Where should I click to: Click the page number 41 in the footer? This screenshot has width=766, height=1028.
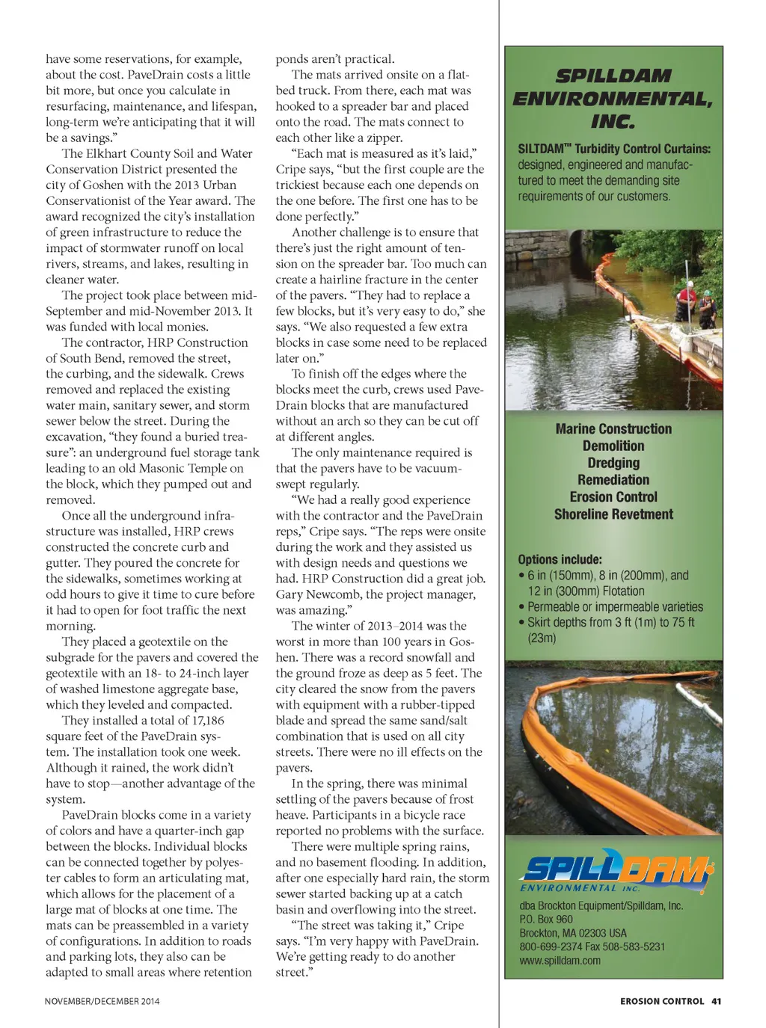(716, 1001)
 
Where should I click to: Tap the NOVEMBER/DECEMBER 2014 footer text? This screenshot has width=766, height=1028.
(102, 1001)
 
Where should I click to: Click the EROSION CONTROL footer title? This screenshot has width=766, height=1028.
(662, 1001)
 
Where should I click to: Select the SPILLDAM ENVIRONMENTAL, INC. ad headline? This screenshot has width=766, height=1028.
(613, 98)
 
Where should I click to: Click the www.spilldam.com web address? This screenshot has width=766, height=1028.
(560, 961)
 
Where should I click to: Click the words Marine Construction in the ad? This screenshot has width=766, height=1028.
(613, 429)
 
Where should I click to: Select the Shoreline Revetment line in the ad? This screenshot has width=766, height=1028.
(613, 514)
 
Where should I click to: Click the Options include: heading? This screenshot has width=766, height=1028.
(560, 559)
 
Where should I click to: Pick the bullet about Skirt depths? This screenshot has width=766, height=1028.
(610, 630)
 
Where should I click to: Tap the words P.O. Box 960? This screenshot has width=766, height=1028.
(545, 920)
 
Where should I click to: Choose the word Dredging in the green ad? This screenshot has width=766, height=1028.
(613, 464)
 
